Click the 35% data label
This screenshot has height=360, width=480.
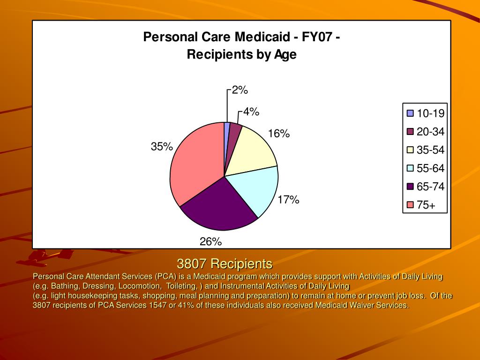(162, 147)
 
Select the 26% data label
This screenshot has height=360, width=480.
(210, 242)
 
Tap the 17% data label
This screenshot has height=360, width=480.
(288, 200)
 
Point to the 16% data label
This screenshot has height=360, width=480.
(279, 134)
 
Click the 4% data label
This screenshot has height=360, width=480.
(251, 112)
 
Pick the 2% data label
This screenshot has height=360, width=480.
(240, 90)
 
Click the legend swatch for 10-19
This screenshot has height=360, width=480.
(410, 113)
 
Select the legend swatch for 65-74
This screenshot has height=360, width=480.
(410, 187)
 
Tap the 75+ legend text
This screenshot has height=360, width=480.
(426, 205)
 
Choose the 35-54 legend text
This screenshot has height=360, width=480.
(430, 150)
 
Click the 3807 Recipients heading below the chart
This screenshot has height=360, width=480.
(225, 263)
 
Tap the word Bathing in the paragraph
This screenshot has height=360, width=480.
(65, 286)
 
